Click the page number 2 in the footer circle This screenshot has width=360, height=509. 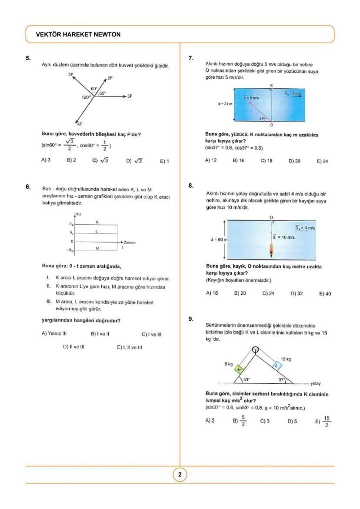click(x=180, y=475)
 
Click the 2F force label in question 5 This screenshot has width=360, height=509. click(x=110, y=78)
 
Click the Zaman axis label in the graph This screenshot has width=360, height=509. click(x=130, y=242)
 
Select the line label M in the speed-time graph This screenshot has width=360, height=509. click(x=97, y=248)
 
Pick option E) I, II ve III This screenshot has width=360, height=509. click(x=129, y=347)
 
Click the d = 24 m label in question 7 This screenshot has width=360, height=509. click(x=225, y=104)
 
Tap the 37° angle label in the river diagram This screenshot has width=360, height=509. click(x=262, y=118)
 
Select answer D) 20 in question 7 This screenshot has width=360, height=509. click(x=294, y=160)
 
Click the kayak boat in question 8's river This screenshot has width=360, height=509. click(x=271, y=251)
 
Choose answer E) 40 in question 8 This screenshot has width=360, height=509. click(x=325, y=293)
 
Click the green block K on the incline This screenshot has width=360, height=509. click(x=239, y=369)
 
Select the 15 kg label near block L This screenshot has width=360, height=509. click(x=286, y=359)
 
